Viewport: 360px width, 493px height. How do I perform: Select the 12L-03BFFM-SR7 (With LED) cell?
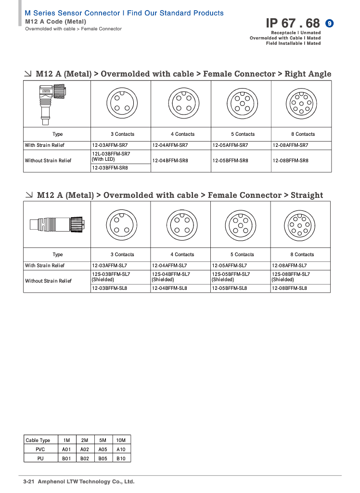pyautogui.click(x=111, y=156)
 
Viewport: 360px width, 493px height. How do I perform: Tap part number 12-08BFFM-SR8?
pyautogui.click(x=290, y=161)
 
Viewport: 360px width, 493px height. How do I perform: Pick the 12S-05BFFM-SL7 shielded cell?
pyautogui.click(x=231, y=277)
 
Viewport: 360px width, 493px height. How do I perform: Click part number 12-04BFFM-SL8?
pyautogui.click(x=169, y=288)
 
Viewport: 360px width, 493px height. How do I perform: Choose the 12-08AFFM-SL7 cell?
pyautogui.click(x=289, y=266)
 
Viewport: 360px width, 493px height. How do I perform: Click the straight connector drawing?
pyautogui.click(x=57, y=224)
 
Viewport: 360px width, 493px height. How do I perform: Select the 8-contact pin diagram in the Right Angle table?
pyautogui.click(x=301, y=104)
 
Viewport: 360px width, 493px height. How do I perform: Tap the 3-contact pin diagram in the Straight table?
pyautogui.click(x=120, y=224)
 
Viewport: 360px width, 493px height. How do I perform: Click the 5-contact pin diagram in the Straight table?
pyautogui.click(x=240, y=224)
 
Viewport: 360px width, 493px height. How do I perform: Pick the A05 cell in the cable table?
pyautogui.click(x=103, y=449)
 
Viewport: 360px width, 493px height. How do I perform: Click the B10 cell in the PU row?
pyautogui.click(x=121, y=458)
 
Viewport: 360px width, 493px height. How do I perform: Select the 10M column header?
pyautogui.click(x=121, y=440)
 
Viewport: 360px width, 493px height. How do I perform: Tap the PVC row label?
pyautogui.click(x=40, y=449)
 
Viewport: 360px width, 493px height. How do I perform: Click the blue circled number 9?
pyautogui.click(x=330, y=23)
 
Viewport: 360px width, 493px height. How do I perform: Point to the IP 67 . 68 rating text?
pyautogui.click(x=293, y=23)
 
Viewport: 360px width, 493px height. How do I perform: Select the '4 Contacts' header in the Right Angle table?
pyautogui.click(x=182, y=134)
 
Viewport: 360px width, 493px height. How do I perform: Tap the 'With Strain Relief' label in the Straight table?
pyautogui.click(x=45, y=266)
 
